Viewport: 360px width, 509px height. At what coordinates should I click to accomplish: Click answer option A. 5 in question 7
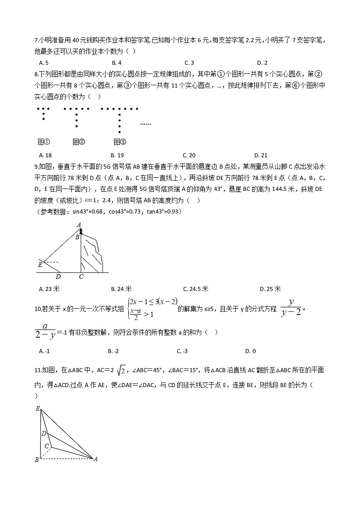44,63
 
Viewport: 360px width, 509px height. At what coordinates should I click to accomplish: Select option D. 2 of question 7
262,63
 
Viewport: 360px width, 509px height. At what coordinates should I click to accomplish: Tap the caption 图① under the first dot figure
44,142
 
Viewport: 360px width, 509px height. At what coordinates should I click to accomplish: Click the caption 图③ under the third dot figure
120,142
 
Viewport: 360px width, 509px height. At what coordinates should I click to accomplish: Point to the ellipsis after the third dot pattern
145,124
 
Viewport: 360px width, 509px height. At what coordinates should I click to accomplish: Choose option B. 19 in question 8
117,155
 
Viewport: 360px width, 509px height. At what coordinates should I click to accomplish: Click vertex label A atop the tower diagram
78,224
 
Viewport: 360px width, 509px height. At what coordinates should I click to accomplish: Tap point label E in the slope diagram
40,265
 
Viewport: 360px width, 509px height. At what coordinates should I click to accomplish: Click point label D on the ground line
58,276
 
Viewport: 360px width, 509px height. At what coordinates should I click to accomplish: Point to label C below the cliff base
81,276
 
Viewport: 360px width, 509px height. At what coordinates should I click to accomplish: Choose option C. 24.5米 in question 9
195,289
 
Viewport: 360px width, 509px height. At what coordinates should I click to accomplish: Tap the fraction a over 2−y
46,331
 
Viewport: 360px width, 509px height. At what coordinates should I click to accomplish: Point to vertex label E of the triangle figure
38,408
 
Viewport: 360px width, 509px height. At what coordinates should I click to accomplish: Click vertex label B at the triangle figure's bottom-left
37,460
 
